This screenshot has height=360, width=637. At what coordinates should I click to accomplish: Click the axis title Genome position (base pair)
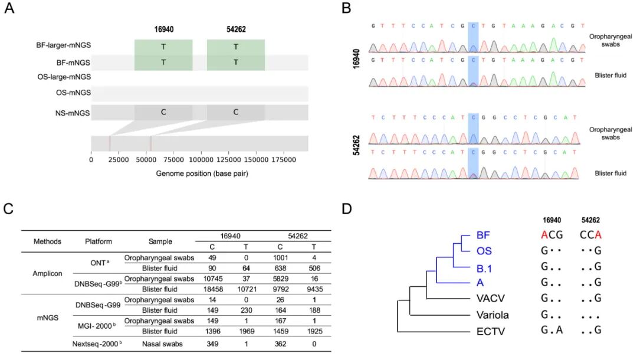tap(201, 174)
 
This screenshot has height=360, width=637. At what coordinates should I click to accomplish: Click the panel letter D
tap(347, 209)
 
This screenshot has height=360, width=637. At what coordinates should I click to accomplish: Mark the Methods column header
tap(44, 241)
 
